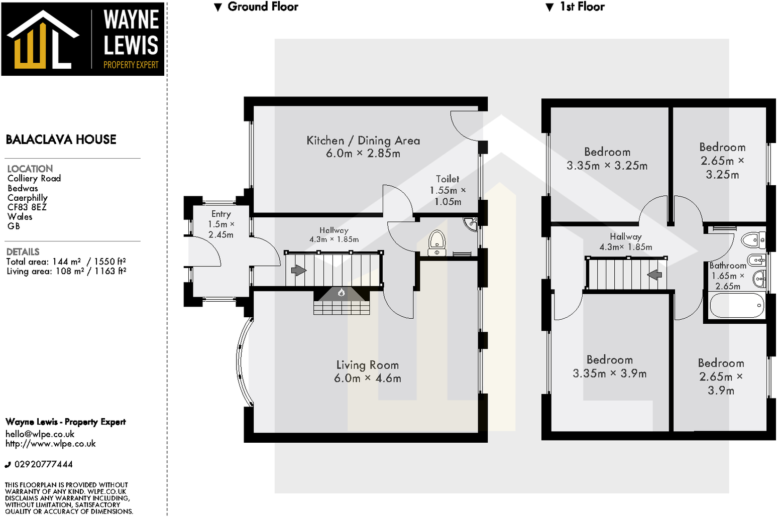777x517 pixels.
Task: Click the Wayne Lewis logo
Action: (83, 39)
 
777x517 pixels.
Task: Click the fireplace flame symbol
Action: (342, 293)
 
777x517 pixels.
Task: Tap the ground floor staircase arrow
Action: (298, 271)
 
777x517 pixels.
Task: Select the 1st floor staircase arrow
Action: (654, 275)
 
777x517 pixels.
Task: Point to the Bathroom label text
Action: (728, 266)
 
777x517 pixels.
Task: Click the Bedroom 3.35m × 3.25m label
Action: (607, 159)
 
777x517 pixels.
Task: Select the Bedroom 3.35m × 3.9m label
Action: (609, 366)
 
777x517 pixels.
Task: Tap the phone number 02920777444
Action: (43, 464)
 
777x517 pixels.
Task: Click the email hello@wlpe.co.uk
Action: (40, 434)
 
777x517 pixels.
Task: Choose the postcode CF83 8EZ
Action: (27, 207)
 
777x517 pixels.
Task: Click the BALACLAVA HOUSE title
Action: (61, 140)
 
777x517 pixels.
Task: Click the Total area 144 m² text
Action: (44, 262)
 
